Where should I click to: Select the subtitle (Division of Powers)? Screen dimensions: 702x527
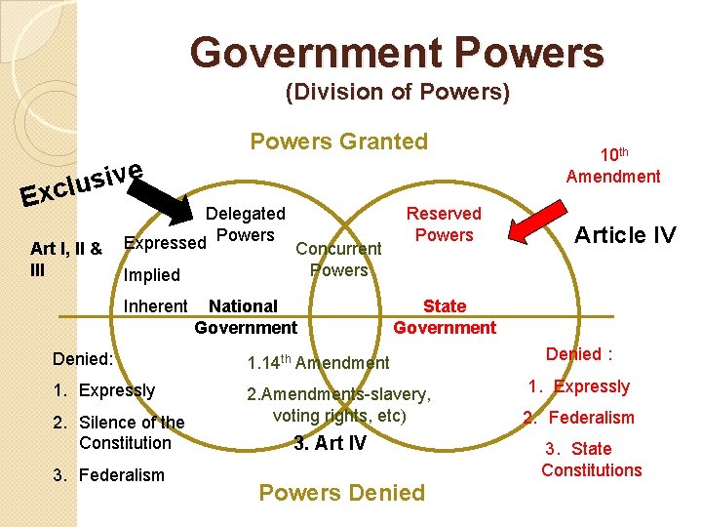point(397,93)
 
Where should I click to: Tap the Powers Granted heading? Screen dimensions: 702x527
point(338,142)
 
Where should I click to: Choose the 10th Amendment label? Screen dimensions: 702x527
point(613,165)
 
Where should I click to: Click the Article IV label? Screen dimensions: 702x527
point(624,234)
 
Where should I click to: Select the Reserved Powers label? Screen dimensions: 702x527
point(444,223)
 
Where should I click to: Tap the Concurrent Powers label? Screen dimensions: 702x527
point(338,260)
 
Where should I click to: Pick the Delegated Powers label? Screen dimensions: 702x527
point(246,223)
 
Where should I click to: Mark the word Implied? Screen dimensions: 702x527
point(152,275)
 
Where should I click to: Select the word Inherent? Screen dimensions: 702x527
point(156,306)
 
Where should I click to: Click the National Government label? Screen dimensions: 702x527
point(245,317)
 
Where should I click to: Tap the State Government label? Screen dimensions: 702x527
point(445,317)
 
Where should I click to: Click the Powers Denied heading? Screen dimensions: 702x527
point(341,493)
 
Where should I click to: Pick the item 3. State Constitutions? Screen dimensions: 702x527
point(591,460)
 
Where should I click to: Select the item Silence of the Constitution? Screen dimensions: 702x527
point(131,432)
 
